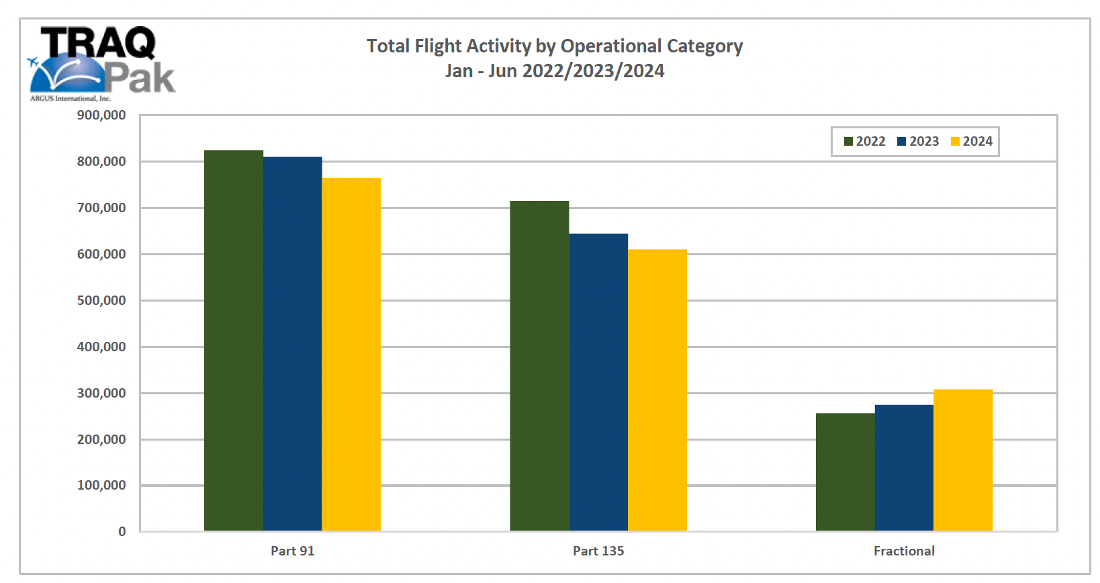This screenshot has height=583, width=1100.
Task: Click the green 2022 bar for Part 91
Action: (x=233, y=341)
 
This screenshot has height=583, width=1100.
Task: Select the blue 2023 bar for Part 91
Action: (x=292, y=344)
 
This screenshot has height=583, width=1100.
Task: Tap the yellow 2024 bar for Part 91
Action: (x=351, y=355)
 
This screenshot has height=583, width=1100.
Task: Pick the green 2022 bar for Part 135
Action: (x=539, y=366)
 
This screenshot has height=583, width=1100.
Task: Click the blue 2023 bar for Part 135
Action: (x=598, y=382)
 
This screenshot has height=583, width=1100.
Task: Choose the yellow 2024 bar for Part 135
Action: (x=657, y=390)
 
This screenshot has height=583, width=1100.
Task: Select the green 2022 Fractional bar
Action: (x=845, y=472)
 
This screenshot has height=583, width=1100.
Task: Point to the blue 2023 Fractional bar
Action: (x=904, y=468)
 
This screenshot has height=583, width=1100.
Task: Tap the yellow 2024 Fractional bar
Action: (x=963, y=460)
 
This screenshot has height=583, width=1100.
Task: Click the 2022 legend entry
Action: (x=865, y=142)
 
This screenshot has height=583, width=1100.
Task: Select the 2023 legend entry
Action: (x=918, y=142)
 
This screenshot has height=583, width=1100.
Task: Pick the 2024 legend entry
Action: (x=971, y=142)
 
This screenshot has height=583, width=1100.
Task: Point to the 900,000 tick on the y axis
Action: (x=101, y=116)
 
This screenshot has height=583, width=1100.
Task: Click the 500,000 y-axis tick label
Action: (x=101, y=300)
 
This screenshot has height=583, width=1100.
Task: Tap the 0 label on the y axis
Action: (x=122, y=531)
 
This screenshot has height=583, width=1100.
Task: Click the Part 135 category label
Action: (x=598, y=551)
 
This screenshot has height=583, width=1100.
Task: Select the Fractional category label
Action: (x=904, y=551)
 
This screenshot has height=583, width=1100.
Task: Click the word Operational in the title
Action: (x=611, y=46)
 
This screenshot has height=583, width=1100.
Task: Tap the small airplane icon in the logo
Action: (x=33, y=62)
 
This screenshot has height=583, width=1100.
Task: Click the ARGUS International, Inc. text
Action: (x=71, y=99)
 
